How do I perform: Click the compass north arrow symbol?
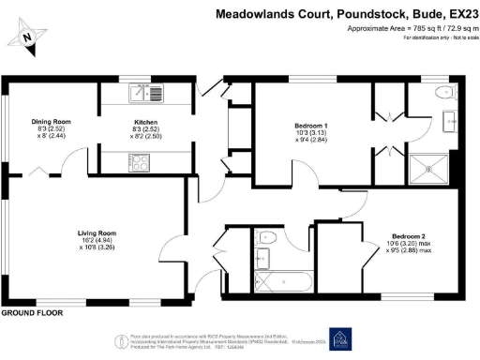[x=28, y=35]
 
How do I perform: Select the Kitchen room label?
[x=145, y=122]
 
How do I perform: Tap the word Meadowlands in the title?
[x=252, y=14]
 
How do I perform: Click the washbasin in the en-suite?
[x=447, y=119]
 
